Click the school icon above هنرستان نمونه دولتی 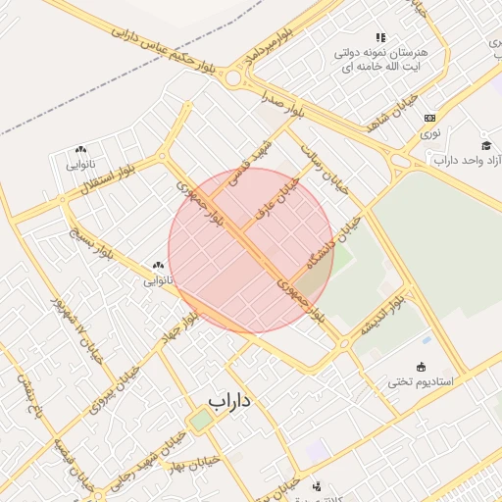[380, 37]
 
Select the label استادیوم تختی [421, 381]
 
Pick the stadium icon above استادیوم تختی [422, 368]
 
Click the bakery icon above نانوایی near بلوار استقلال [80, 150]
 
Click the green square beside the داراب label [200, 420]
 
